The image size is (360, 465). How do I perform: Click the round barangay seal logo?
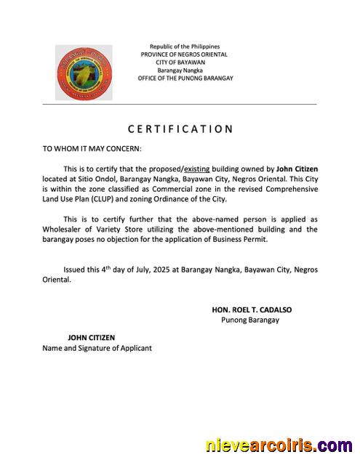pyautogui.click(x=84, y=72)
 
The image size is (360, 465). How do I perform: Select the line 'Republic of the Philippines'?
pyautogui.click(x=184, y=46)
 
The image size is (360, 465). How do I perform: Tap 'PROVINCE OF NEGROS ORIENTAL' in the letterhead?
pyautogui.click(x=184, y=54)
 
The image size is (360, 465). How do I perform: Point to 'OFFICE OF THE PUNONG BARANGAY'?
pyautogui.click(x=185, y=78)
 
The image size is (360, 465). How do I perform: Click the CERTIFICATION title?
pyautogui.click(x=180, y=129)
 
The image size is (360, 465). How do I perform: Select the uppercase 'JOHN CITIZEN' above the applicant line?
pyautogui.click(x=91, y=338)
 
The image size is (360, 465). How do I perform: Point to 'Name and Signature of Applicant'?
pyautogui.click(x=97, y=348)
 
